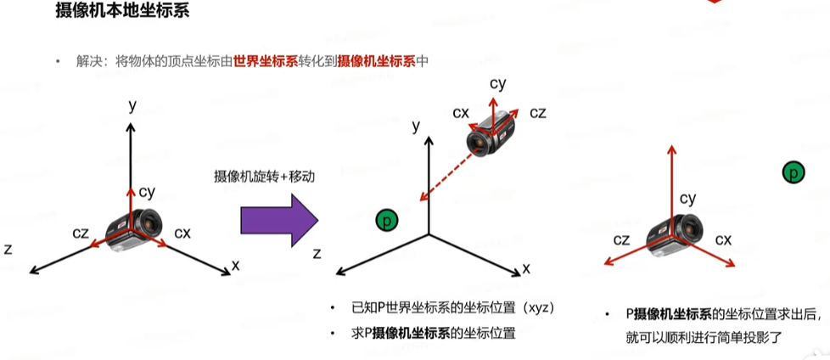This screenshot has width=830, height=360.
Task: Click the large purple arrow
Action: pyautogui.click(x=279, y=222)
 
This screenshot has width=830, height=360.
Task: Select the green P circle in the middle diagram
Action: pyautogui.click(x=387, y=221)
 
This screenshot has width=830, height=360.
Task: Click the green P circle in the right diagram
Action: pyautogui.click(x=793, y=172)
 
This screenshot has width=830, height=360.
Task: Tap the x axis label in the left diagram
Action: pyautogui.click(x=235, y=265)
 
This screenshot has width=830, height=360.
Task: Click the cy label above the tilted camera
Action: pyautogui.click(x=498, y=83)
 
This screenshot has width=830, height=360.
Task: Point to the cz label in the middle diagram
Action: pyautogui.click(x=538, y=112)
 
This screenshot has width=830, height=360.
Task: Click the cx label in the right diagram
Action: pyautogui.click(x=723, y=239)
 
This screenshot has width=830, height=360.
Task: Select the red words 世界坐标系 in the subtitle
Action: pyautogui.click(x=270, y=61)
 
